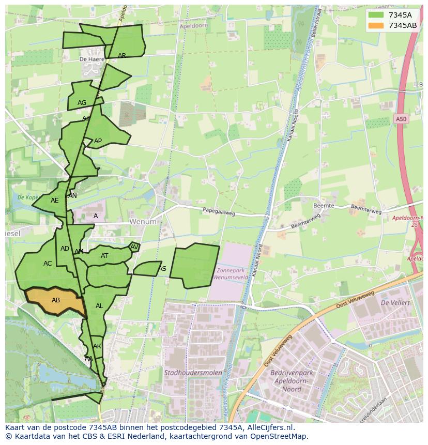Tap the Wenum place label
[142, 221]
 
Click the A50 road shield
[401, 119]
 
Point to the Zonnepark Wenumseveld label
[233, 274]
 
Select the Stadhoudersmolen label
[193, 373]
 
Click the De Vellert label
[395, 302]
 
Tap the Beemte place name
[324, 206]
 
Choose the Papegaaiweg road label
[219, 211]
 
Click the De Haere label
[89, 59]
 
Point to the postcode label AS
[162, 269]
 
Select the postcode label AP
[98, 141]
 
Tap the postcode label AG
[82, 103]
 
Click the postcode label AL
[99, 306]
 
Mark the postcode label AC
[48, 264]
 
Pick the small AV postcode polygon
[134, 247]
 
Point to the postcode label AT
[104, 256]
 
